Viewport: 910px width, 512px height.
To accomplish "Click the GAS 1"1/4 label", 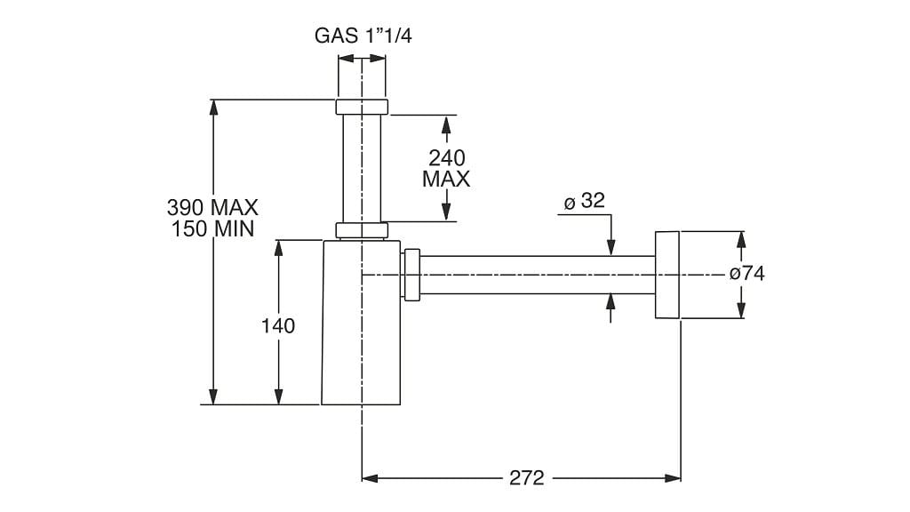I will [363, 36].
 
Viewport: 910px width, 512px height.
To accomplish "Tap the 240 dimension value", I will [446, 158].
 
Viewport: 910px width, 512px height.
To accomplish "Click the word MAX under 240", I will [446, 179].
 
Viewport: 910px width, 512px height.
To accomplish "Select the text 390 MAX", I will [212, 207].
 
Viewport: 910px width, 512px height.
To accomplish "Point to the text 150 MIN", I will [212, 228].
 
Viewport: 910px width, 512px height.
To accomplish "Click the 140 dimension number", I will [278, 326].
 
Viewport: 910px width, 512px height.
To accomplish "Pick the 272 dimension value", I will [527, 478].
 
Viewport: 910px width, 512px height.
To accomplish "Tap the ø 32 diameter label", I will [584, 201].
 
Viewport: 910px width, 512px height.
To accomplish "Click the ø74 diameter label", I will [746, 274].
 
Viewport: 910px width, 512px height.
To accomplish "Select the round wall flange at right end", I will [667, 275].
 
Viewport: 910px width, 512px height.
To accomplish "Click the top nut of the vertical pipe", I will [362, 108].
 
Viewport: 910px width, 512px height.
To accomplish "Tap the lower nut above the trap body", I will [362, 230].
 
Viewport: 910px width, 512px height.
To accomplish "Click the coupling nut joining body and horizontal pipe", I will [411, 276].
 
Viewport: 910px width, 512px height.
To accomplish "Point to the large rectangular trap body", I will [360, 338].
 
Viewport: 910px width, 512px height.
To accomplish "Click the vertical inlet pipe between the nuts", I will [362, 169].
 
